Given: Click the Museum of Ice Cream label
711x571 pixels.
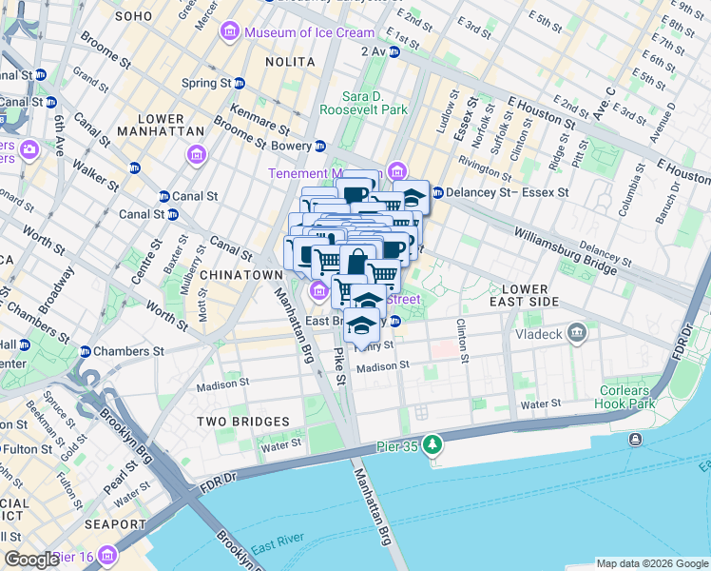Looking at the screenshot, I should pos(309,33).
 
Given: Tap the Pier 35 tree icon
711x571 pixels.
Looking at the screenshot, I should pos(432,444).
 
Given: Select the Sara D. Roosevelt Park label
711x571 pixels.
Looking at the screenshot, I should pos(375,103).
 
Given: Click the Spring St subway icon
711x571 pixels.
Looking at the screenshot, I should pos(240,83).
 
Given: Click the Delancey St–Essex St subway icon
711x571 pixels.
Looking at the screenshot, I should pos(437,192).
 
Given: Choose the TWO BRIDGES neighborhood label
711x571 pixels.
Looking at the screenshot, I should pos(242,421).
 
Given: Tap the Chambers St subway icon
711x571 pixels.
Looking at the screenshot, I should pos(85,351).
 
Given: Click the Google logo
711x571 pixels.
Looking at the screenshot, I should pos(31,560).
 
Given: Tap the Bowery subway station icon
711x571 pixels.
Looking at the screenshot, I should pos(320,147).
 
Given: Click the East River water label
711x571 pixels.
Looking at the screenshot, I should pos(276,545).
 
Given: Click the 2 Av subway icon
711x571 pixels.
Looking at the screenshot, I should pos(394,51).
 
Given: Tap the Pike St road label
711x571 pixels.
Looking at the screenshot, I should pos(339,365).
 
